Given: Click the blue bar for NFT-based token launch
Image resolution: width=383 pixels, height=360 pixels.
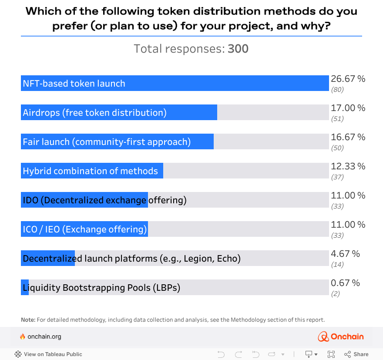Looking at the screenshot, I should tap(174, 83).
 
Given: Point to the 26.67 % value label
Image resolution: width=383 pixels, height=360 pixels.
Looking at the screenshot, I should tap(348, 79).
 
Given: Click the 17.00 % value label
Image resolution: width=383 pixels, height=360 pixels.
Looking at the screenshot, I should tap(348, 108).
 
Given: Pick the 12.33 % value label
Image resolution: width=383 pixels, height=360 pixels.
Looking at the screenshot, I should tap(348, 166).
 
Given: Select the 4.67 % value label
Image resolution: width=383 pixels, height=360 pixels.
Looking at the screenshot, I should tap(345, 254).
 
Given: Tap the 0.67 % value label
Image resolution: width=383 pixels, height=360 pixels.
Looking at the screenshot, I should tap(345, 283).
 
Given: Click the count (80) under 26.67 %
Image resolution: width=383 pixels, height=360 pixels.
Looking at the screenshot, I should tap(337, 90).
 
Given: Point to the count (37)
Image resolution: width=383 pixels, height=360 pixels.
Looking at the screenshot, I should tap(337, 177).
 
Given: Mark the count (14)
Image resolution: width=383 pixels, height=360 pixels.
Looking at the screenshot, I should tap(337, 265).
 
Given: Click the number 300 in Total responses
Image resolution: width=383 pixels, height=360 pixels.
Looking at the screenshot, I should tap(238, 49).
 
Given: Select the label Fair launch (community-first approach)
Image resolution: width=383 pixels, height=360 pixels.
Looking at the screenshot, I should tap(107, 141).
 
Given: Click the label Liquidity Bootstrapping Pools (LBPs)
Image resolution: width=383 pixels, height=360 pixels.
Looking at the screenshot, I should tap(101, 287).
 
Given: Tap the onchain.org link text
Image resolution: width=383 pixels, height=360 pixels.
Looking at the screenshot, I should tap(44, 336).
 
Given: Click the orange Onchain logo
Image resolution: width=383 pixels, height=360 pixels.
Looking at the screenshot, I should tap(341, 336).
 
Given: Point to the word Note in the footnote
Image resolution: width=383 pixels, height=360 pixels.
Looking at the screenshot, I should tap(28, 320).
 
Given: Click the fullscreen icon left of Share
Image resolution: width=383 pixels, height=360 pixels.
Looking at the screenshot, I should tap(331, 354).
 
